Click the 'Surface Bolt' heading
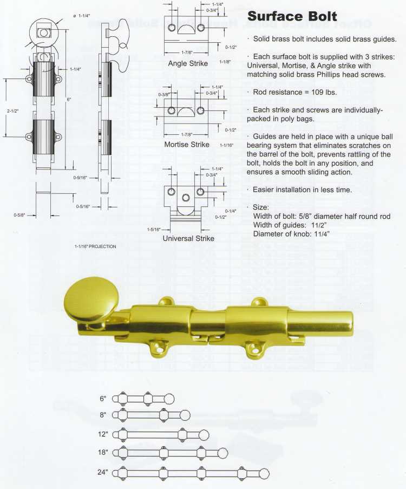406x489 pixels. pyautogui.click(x=292, y=16)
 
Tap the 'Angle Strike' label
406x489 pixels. pyautogui.click(x=188, y=63)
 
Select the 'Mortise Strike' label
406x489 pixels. pyautogui.click(x=187, y=145)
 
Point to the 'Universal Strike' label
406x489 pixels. pyautogui.click(x=188, y=238)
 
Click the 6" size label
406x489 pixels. pyautogui.click(x=103, y=399)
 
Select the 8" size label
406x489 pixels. pyautogui.click(x=103, y=415)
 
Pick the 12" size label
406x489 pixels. pyautogui.click(x=103, y=434)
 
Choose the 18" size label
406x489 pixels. pyautogui.click(x=103, y=452)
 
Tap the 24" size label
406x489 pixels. pyautogui.click(x=103, y=472)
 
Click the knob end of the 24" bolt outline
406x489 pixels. pyautogui.click(x=264, y=473)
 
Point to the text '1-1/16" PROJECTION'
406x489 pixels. pyautogui.click(x=95, y=246)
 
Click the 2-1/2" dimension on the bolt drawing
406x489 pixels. pyautogui.click(x=12, y=111)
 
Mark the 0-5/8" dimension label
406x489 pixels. pyautogui.click(x=19, y=215)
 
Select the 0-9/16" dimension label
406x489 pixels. pyautogui.click(x=80, y=178)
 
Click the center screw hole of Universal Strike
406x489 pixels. pyautogui.click(x=186, y=198)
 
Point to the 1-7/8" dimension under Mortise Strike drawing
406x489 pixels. pyautogui.click(x=187, y=134)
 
